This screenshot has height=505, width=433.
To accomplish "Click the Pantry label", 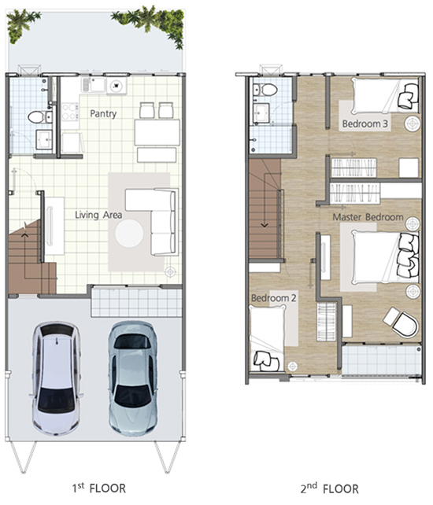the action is (103, 114).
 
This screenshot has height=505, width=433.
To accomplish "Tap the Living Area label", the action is (98, 215).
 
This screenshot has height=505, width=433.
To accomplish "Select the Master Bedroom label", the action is (368, 217).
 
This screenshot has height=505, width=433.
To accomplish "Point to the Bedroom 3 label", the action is (365, 123).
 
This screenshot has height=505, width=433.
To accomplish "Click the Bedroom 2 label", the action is (273, 298).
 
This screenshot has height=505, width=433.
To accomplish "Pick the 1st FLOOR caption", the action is (98, 488).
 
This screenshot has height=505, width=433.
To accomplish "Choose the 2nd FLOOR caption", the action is (329, 488).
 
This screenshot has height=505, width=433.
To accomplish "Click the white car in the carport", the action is (56, 378).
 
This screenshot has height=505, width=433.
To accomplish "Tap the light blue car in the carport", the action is (132, 378).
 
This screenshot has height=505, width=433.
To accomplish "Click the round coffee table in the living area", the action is (129, 233).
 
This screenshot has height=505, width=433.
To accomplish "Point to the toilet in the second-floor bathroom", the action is (266, 89).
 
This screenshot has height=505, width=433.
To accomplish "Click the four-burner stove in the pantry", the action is (70, 112).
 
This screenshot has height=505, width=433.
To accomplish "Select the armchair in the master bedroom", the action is (401, 323).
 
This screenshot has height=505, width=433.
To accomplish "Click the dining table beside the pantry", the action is (157, 132).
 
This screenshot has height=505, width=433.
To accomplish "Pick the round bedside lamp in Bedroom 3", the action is (413, 123).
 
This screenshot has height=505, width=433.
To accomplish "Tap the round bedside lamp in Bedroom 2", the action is (292, 366).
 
